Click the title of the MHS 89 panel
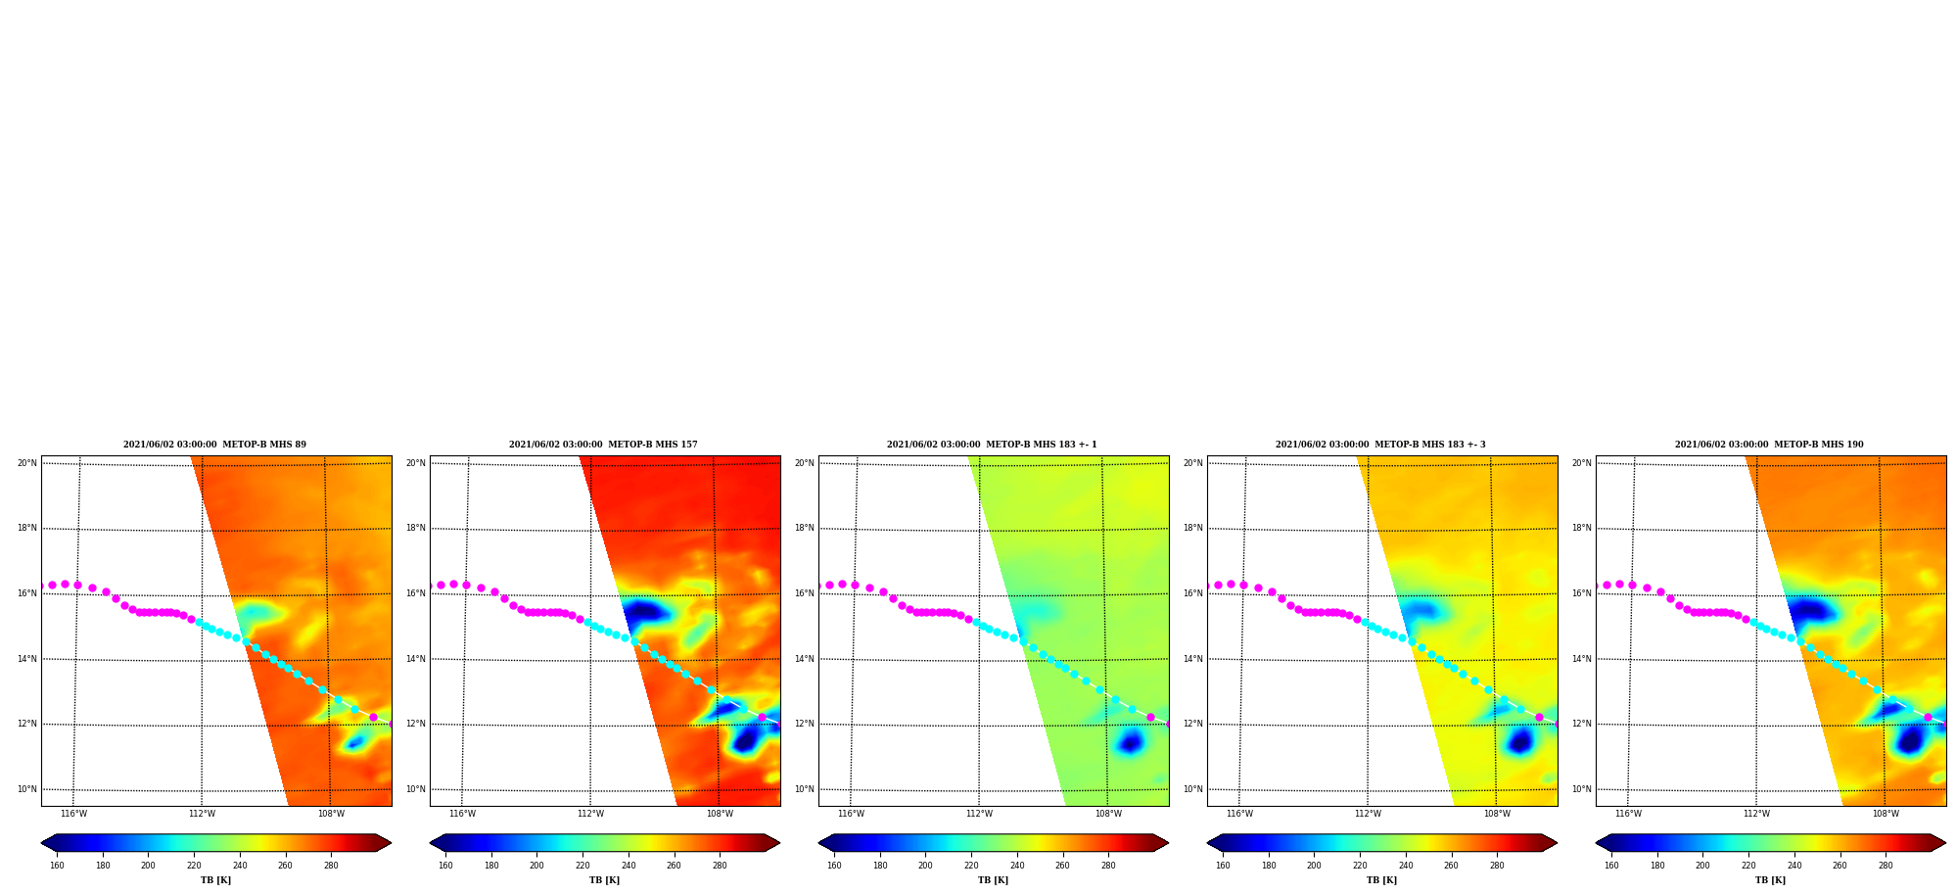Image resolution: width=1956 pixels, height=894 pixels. point(214,445)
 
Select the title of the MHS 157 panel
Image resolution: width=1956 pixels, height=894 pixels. point(603,445)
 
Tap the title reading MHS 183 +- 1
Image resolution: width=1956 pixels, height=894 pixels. point(992,445)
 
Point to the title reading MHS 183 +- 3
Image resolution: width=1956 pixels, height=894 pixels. point(1380,445)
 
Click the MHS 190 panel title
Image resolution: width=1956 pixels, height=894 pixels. point(1769,445)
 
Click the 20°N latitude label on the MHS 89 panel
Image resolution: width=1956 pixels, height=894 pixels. point(27,463)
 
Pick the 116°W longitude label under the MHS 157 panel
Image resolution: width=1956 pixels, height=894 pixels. point(462,814)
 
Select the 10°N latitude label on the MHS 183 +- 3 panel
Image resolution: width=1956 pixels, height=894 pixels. point(1193,789)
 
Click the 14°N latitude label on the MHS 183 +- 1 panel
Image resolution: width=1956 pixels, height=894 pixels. point(805,659)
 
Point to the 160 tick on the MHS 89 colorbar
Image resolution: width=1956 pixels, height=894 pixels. point(57,866)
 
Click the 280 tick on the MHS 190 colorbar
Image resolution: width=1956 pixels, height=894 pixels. point(1886,866)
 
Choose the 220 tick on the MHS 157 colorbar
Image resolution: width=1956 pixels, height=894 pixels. point(582,866)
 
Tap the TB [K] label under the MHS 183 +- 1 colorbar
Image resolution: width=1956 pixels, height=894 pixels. point(993,880)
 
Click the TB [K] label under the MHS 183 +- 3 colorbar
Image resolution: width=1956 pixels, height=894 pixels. point(1381,880)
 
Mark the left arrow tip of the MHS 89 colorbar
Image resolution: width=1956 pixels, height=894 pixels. point(41,843)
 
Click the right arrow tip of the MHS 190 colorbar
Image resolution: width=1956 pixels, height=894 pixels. point(1946,843)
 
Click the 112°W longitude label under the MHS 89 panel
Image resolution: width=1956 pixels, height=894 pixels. point(202,814)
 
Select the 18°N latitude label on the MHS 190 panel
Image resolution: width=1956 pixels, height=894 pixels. point(1582,528)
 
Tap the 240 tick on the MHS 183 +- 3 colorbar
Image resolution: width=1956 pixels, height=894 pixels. point(1406,866)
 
